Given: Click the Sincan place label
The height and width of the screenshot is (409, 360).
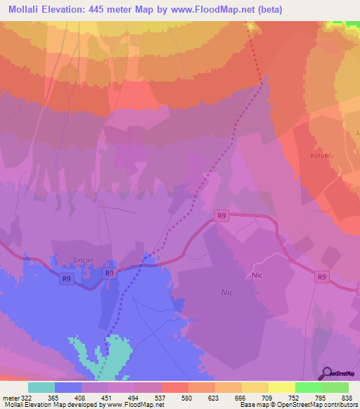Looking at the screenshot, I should point(84,259).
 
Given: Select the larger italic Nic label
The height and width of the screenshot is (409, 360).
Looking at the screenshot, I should point(226,291).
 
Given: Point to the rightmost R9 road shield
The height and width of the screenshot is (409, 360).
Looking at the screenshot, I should point(321,277).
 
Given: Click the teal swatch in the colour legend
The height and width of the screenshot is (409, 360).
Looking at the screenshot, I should point(41,387).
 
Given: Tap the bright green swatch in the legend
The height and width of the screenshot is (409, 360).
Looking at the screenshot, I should point(309,387).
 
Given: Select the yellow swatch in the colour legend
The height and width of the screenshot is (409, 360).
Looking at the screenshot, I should point(282,387).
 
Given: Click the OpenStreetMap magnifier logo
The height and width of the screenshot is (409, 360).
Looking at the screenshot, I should point(326,372).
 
